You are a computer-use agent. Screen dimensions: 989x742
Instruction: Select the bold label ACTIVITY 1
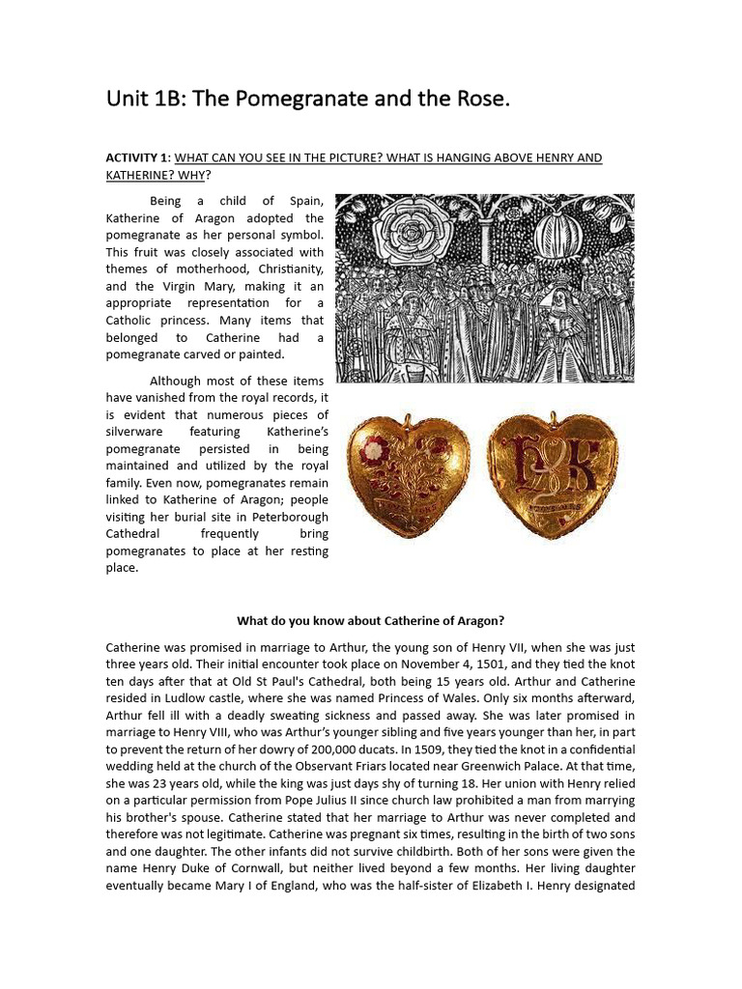click(136, 157)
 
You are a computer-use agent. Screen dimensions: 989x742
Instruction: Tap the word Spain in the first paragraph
click(303, 201)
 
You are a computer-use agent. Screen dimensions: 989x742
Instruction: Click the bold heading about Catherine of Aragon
click(371, 620)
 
